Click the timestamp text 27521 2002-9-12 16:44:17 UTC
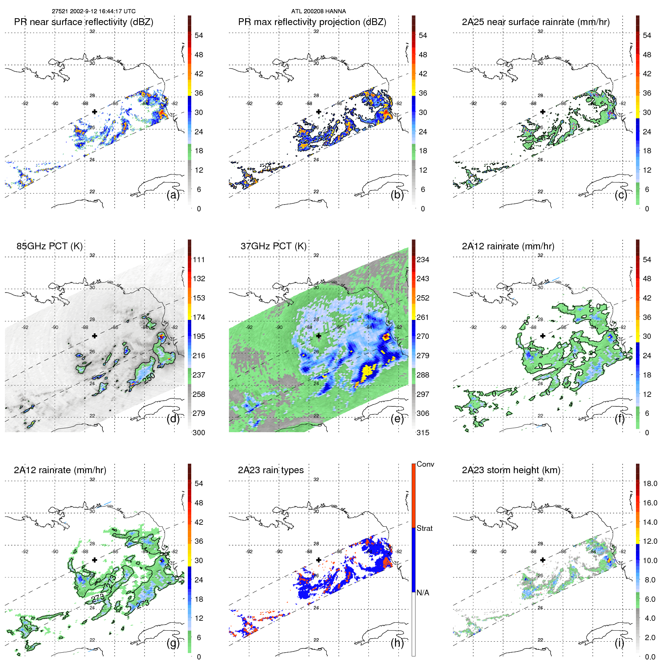(x=93, y=11)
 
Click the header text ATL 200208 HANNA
(x=318, y=11)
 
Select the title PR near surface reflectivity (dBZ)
(x=83, y=22)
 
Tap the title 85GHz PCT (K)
(x=49, y=246)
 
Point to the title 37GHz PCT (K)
(x=273, y=246)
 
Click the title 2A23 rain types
(x=271, y=470)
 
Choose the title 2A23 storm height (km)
(x=511, y=470)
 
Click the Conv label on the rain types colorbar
(x=425, y=464)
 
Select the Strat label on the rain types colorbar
(x=424, y=528)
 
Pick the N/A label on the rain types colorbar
(x=423, y=593)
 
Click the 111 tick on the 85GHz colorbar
(x=198, y=260)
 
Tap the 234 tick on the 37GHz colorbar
(x=423, y=260)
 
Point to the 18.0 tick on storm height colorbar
(x=650, y=483)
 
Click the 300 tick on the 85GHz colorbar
(x=198, y=433)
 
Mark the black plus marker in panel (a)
(x=94, y=112)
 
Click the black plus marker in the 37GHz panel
(x=319, y=336)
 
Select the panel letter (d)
(x=173, y=419)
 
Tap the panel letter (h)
(x=397, y=643)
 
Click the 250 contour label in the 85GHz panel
(x=149, y=378)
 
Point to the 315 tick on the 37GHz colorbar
(x=423, y=433)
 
